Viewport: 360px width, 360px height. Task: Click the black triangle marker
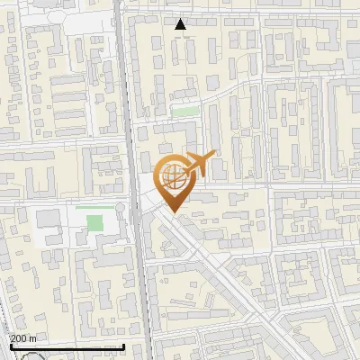[x=181, y=24]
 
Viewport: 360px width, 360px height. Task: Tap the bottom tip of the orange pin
[x=174, y=213]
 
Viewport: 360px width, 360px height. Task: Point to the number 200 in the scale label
[x=19, y=337]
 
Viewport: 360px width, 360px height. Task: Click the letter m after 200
[x=33, y=337]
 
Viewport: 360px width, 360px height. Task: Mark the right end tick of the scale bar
[x=123, y=345]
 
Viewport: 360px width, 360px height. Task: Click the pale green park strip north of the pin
[x=185, y=111]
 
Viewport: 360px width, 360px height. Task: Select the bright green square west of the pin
[x=94, y=222]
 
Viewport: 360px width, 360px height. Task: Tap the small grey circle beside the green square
[x=119, y=210]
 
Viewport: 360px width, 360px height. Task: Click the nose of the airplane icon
[x=214, y=156]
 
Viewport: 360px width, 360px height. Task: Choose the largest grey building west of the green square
[x=49, y=219]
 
